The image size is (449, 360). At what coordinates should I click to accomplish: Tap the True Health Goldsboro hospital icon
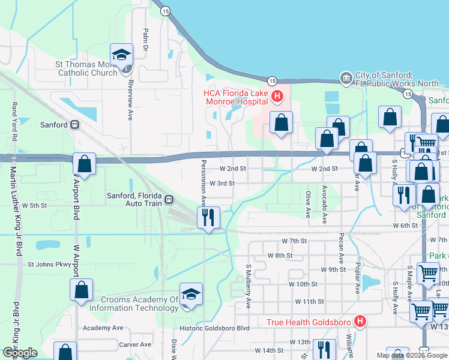pos(360,322)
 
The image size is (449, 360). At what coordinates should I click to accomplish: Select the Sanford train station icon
pos(75,125)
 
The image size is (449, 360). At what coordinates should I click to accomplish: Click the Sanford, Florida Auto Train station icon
pos(169,199)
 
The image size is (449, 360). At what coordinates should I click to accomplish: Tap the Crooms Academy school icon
pos(191,294)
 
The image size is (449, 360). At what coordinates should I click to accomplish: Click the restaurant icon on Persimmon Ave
pos(208,217)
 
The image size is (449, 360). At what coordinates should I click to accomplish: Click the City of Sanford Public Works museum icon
pos(346,78)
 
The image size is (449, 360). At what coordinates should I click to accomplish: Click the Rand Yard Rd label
pos(13,122)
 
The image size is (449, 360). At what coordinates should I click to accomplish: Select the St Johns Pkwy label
pos(49,264)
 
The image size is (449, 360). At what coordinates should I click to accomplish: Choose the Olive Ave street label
pos(308,204)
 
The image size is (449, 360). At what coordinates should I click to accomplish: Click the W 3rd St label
pos(221,183)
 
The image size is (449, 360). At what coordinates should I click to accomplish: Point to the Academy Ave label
pos(103,328)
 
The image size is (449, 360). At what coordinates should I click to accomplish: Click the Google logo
pos(20,353)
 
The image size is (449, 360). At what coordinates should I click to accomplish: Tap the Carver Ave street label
pos(135,344)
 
